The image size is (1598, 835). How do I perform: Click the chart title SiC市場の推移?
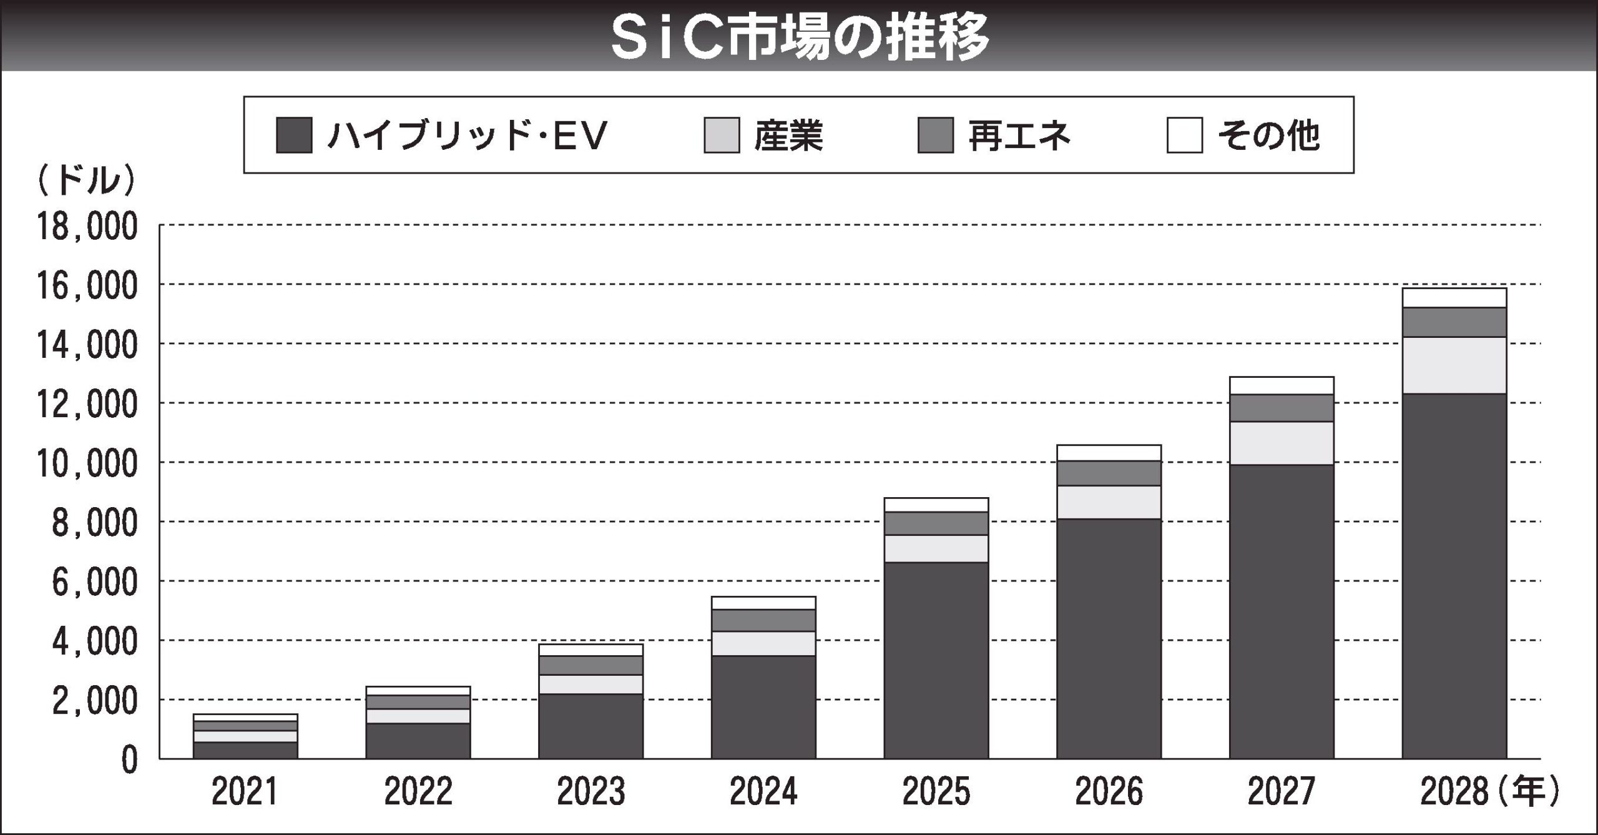800,36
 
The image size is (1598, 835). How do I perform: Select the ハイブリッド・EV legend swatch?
294,135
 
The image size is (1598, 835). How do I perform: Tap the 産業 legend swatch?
722,135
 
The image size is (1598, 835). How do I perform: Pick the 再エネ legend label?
1019,136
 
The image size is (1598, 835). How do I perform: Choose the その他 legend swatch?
1185,135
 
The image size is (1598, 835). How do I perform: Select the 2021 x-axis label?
245,792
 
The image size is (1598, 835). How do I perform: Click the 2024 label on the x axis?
763,792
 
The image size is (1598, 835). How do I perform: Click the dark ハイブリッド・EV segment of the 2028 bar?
1454,575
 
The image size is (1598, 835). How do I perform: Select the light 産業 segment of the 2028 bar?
1454,365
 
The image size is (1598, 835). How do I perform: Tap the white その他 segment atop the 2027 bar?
1282,385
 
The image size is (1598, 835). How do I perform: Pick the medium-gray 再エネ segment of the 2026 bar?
1109,473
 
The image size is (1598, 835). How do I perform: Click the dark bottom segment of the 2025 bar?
936,660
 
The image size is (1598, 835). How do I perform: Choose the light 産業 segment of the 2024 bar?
763,643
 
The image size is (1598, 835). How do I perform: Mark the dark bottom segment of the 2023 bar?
591,726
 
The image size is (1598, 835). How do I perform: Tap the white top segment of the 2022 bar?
418,691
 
